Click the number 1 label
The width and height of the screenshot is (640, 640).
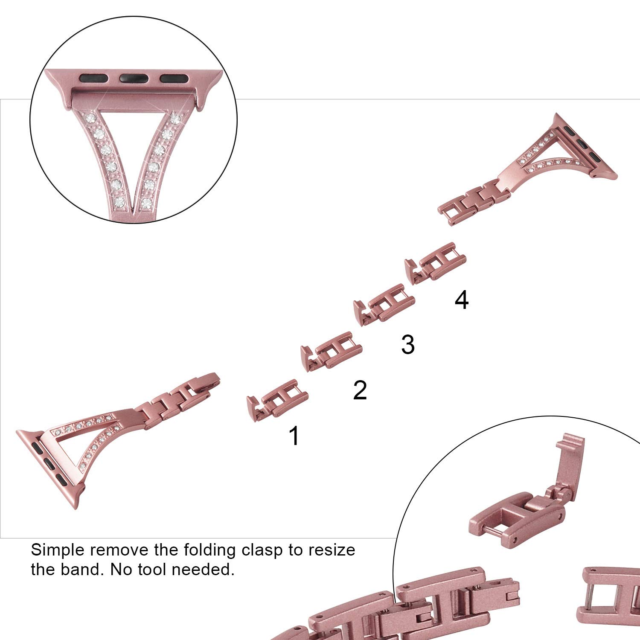[294, 436]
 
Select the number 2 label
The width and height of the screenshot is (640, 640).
[360, 390]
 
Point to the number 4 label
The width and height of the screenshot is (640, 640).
[462, 300]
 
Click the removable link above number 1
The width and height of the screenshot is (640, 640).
[277, 400]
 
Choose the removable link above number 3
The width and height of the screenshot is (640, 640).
[384, 304]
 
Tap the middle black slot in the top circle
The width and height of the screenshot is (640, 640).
[134, 78]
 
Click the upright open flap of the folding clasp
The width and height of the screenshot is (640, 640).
[568, 465]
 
